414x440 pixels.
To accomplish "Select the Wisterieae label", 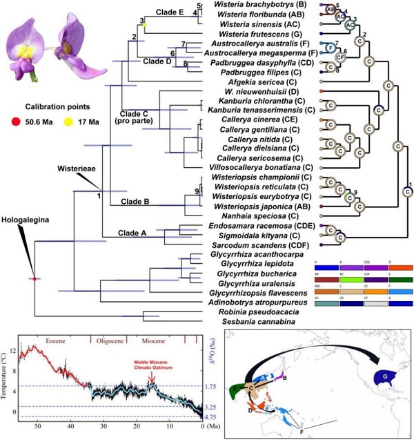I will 75,165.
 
